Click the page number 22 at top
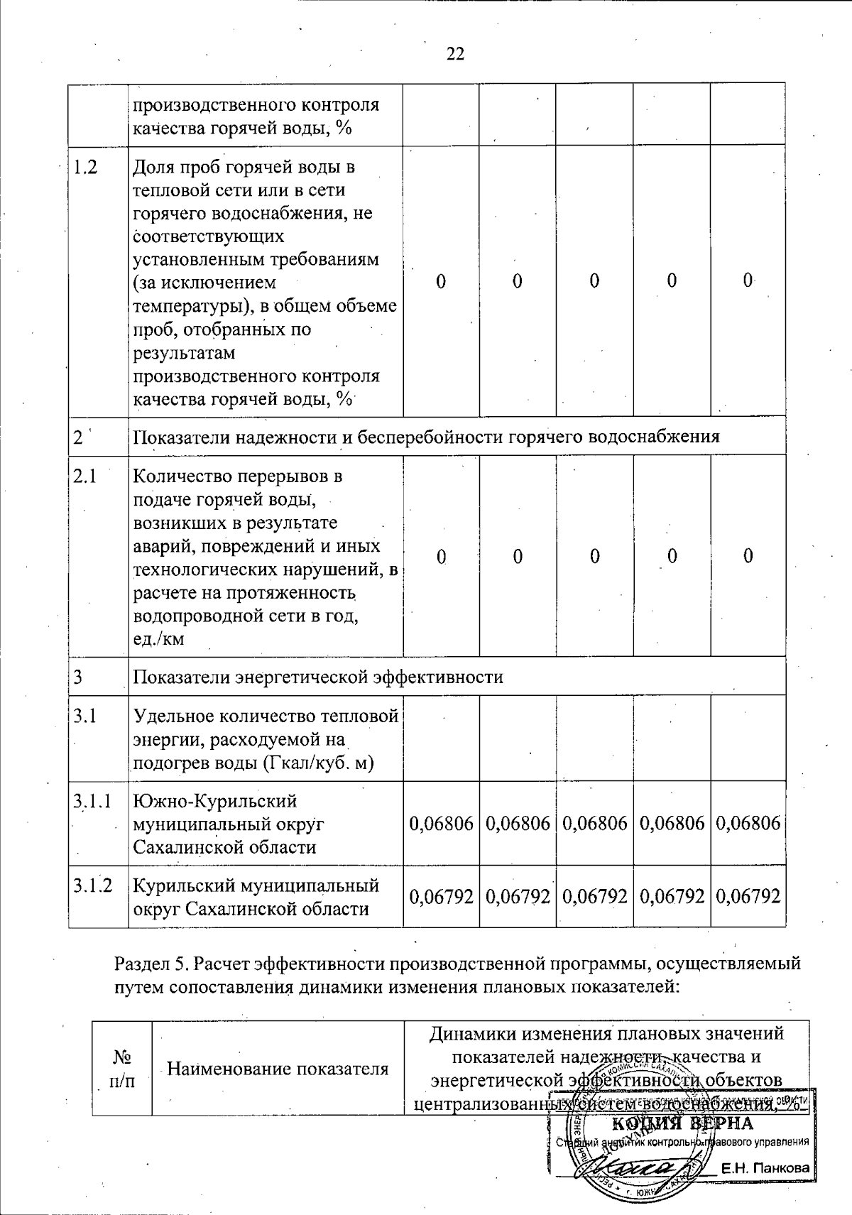tap(455, 53)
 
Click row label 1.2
tap(85, 167)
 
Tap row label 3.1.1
tap(92, 802)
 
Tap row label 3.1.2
tap(92, 886)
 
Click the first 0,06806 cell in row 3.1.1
tap(442, 824)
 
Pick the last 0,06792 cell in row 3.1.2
tap(748, 896)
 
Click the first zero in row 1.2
tap(441, 282)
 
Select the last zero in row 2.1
tap(748, 556)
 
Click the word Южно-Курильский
tap(215, 802)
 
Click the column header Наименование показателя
tap(278, 1068)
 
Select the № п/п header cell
tap(122, 1068)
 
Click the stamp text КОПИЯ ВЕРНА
tap(682, 1124)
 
